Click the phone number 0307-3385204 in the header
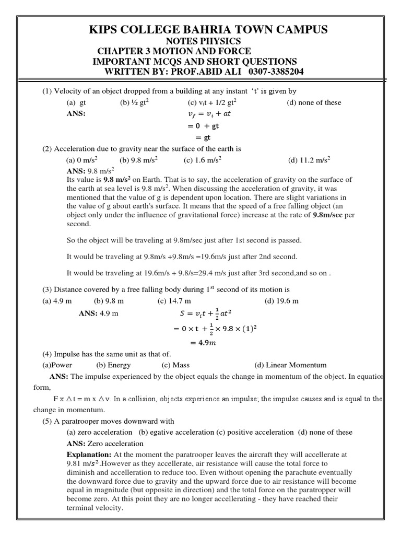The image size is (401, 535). coord(275,72)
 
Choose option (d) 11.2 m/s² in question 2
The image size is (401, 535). coord(310,160)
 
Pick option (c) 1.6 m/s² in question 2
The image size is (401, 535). coord(202,160)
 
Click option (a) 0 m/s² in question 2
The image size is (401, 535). coord(81,160)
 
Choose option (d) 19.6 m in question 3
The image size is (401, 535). coord(281,301)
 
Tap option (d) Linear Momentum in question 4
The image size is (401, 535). coord(290,365)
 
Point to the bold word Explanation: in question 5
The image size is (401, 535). coord(89,455)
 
